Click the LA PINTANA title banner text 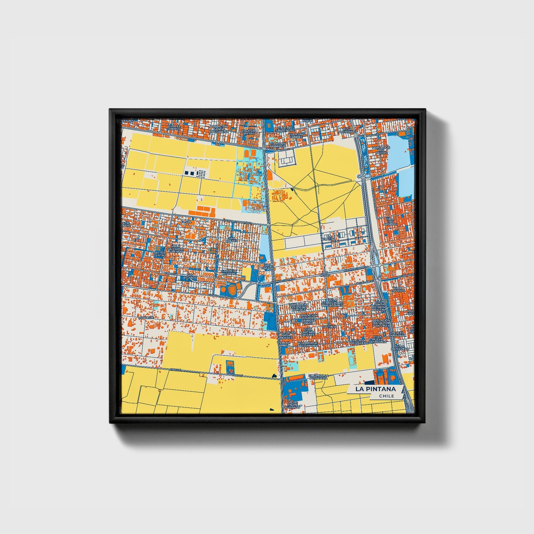(x=375, y=389)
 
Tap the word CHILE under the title (x=386, y=396)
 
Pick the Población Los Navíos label (x=381, y=150)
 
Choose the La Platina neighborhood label (x=330, y=237)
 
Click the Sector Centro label (x=159, y=254)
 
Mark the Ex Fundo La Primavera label (x=319, y=377)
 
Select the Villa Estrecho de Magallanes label (x=332, y=303)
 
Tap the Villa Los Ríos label (x=398, y=289)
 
